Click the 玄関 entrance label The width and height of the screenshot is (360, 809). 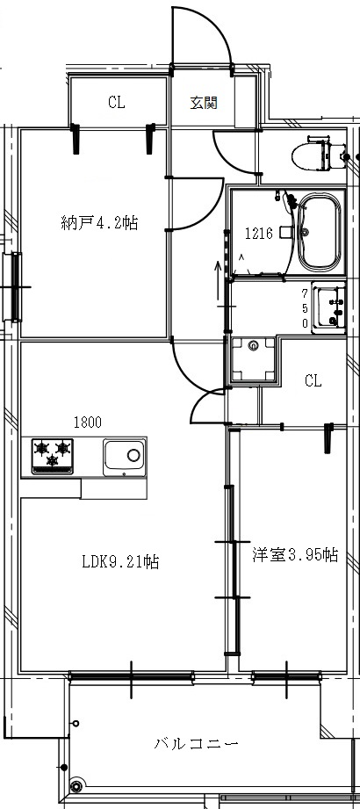pyautogui.click(x=204, y=103)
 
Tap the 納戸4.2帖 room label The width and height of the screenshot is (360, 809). pyautogui.click(x=99, y=223)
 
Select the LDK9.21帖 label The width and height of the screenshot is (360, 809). pyautogui.click(x=120, y=561)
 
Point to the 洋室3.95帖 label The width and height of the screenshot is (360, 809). pyautogui.click(x=295, y=555)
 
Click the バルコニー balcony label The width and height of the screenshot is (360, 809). pyautogui.click(x=196, y=744)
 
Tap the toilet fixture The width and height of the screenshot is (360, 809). pyautogui.click(x=318, y=153)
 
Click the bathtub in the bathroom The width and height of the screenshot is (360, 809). pyautogui.click(x=320, y=232)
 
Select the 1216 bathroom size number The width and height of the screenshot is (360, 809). pyautogui.click(x=258, y=235)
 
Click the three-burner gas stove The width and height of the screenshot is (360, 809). pyautogui.click(x=53, y=456)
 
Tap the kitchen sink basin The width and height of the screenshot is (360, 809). pyautogui.click(x=125, y=457)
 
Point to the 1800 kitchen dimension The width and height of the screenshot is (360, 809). pyautogui.click(x=88, y=423)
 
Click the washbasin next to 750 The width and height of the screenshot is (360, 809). pyautogui.click(x=331, y=307)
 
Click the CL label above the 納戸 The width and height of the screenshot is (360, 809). pyautogui.click(x=117, y=103)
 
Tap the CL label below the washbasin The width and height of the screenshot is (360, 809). pyautogui.click(x=313, y=381)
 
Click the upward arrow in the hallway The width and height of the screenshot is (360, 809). pyautogui.click(x=219, y=282)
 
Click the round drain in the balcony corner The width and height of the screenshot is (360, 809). pyautogui.click(x=76, y=787)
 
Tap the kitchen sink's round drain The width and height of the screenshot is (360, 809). pyautogui.click(x=133, y=455)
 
